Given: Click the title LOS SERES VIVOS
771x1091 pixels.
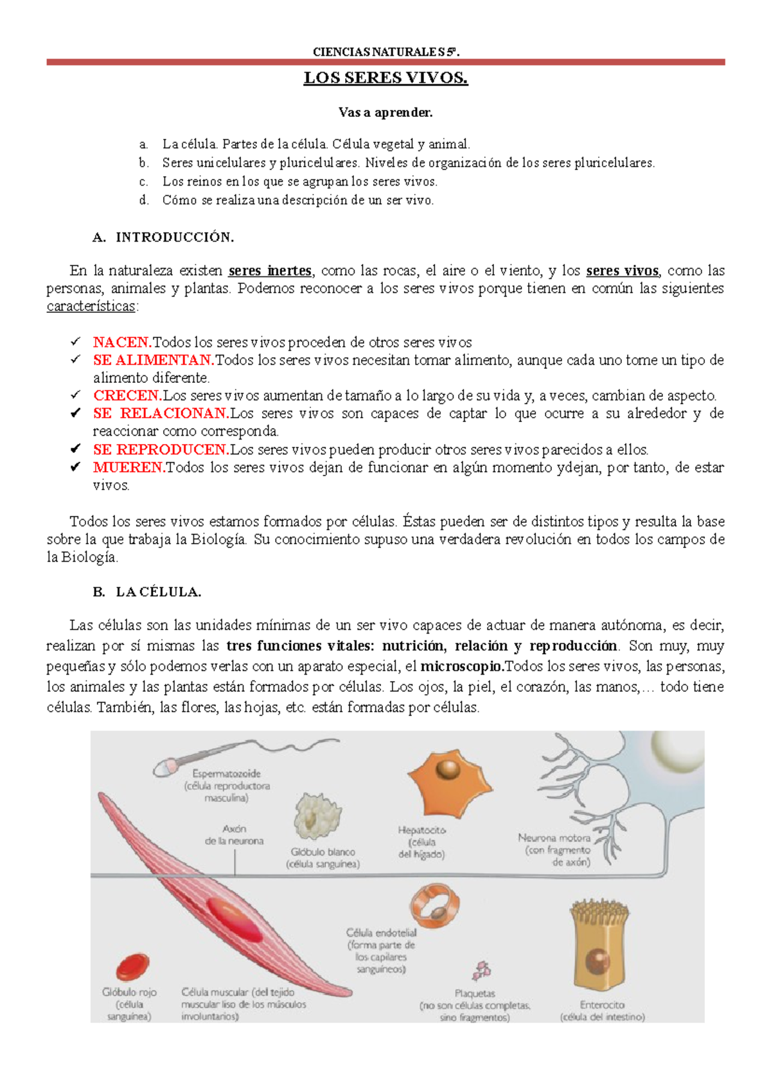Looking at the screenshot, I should [x=385, y=78].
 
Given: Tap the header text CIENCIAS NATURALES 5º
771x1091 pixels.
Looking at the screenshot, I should [x=385, y=52].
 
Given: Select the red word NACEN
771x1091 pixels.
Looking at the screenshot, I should [x=122, y=342].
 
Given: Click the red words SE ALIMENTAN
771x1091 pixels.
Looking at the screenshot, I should [x=153, y=360].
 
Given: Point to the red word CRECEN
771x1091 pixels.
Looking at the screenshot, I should [x=127, y=396].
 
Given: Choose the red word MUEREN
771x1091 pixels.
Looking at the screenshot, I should [x=129, y=468].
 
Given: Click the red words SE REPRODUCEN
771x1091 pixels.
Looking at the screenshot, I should [x=161, y=450].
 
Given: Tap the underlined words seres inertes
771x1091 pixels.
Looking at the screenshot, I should [x=270, y=271].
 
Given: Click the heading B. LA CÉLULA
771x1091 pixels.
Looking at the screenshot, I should [x=147, y=592].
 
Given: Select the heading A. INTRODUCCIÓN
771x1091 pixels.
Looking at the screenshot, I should [x=163, y=238].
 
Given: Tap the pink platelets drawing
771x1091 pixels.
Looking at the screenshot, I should [x=481, y=970].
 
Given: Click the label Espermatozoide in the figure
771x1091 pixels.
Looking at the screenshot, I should [x=226, y=774].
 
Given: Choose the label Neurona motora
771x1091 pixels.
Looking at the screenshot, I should [x=554, y=838].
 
